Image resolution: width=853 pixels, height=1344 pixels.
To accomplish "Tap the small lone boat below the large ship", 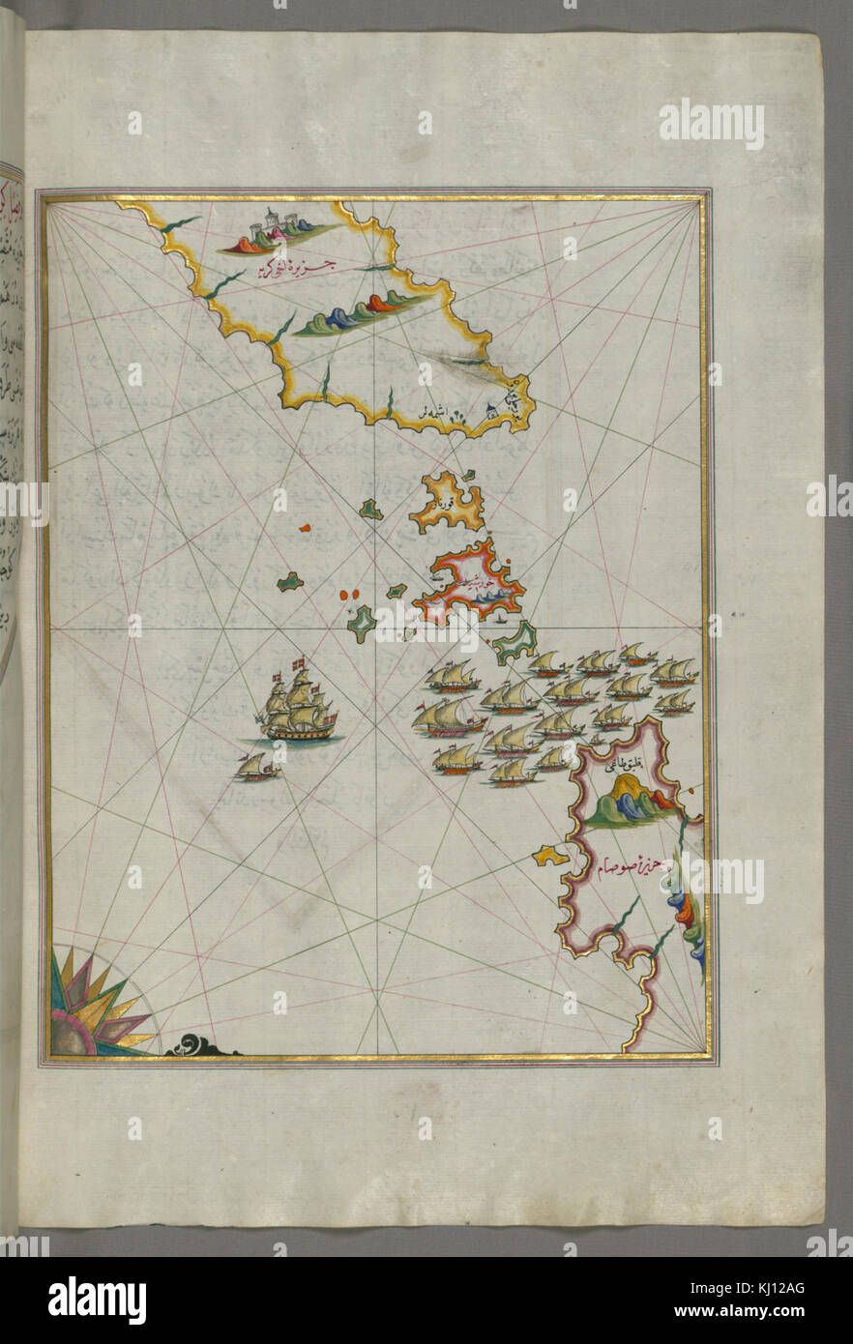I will pyautogui.click(x=255, y=769).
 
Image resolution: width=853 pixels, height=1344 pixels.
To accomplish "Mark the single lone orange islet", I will pyautogui.click(x=305, y=528).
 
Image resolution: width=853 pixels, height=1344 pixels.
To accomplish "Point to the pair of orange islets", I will pyautogui.click(x=349, y=597).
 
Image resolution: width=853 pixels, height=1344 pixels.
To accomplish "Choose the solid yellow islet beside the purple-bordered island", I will pyautogui.click(x=549, y=855).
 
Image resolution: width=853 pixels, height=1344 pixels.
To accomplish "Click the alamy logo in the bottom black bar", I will pyautogui.click(x=97, y=1300).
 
